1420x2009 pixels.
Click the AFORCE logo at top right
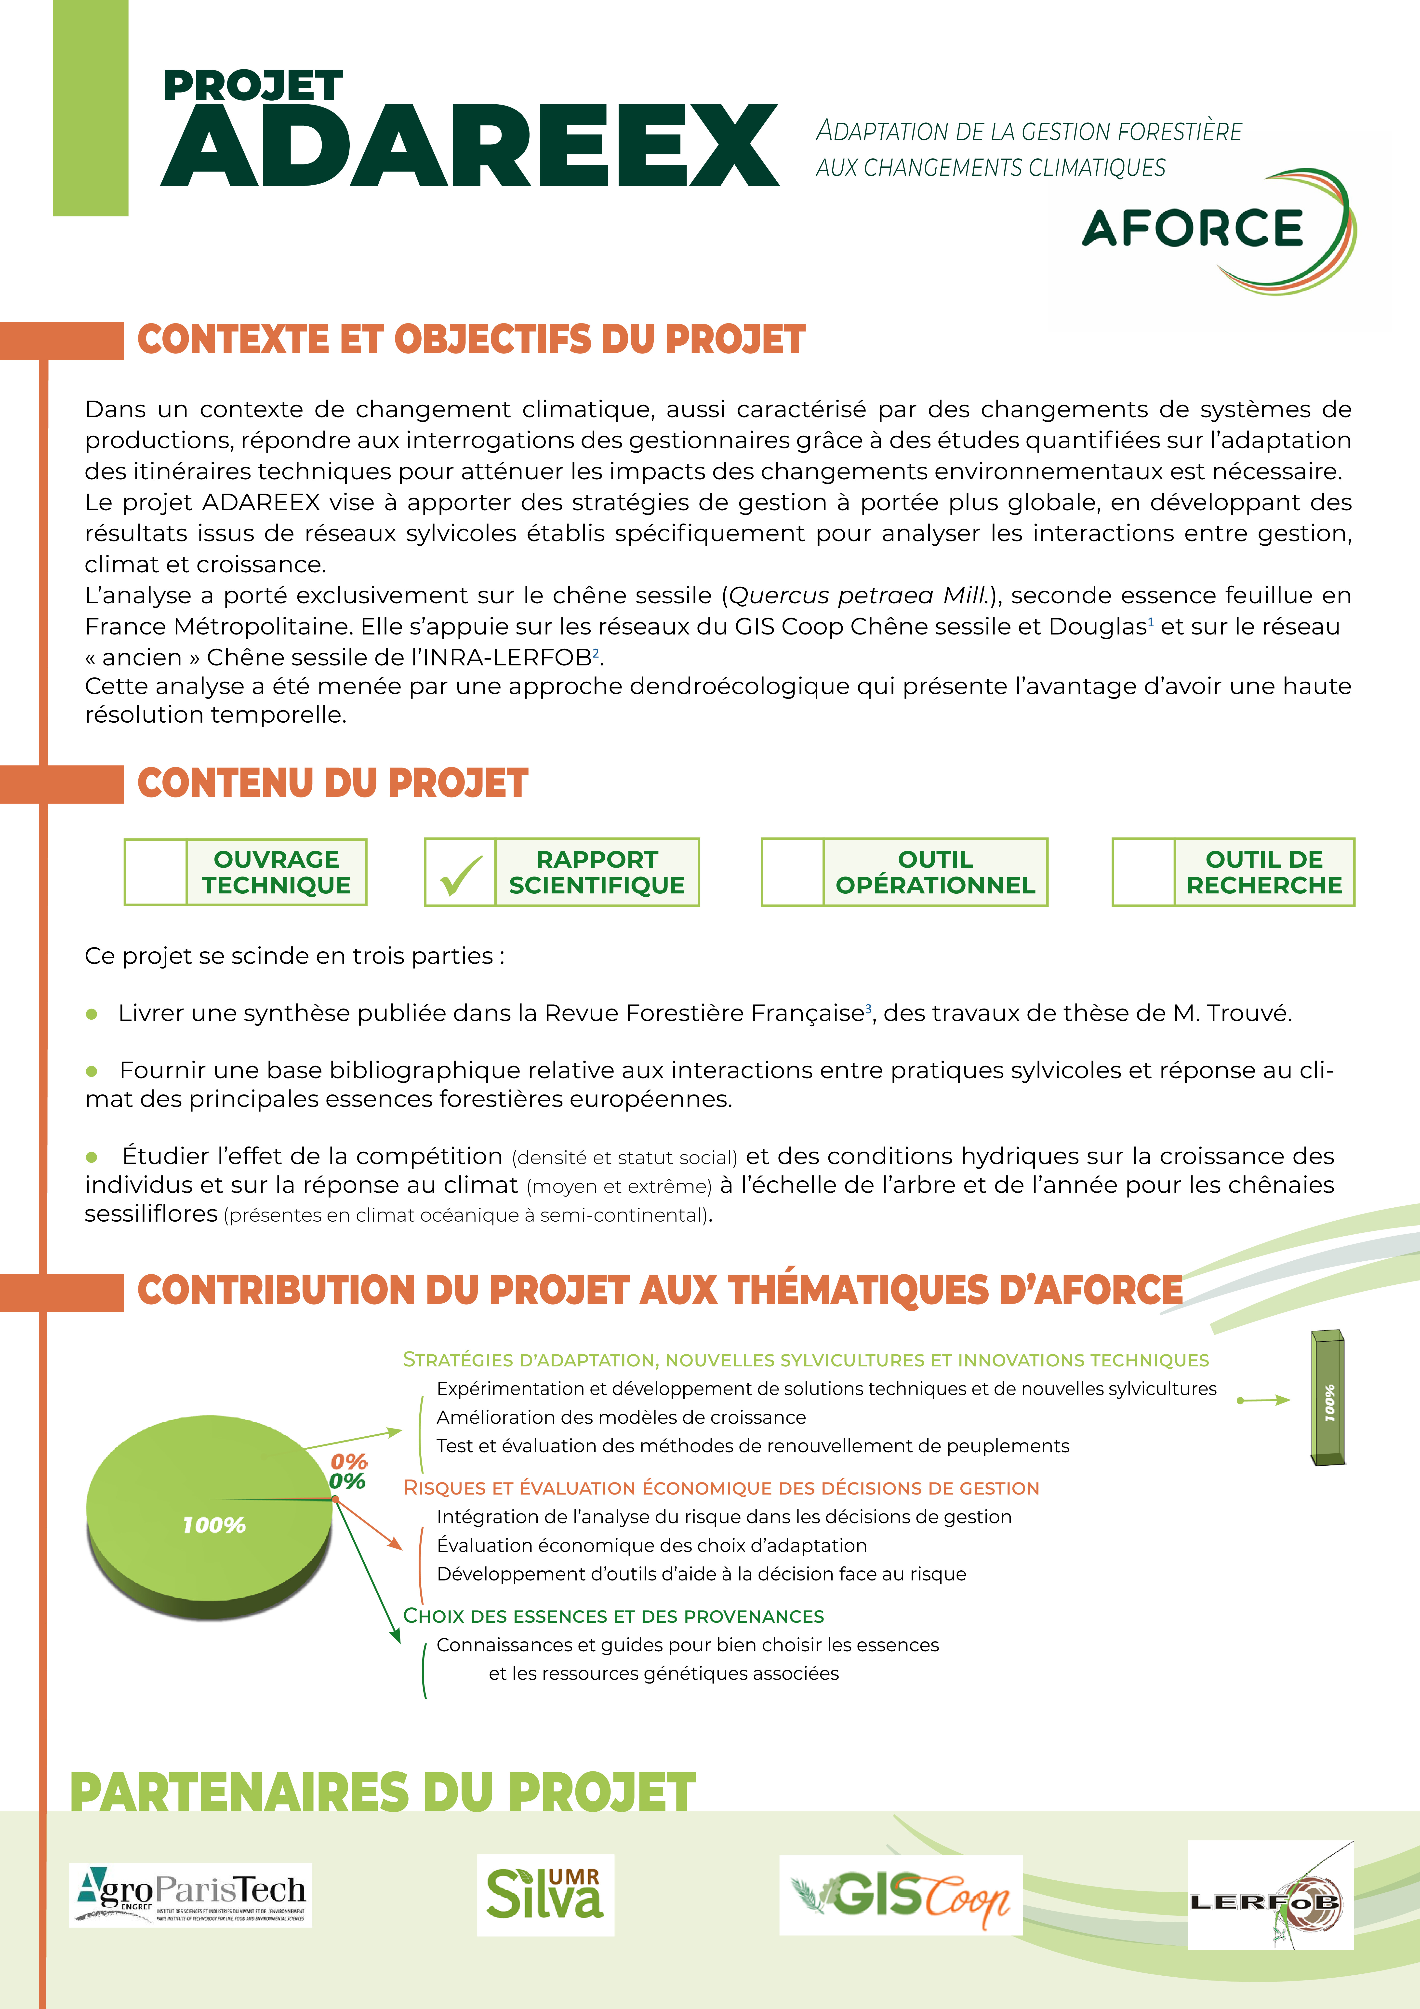[x=1216, y=229]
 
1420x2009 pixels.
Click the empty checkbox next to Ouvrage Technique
[x=156, y=872]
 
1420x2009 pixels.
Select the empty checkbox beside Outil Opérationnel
[x=793, y=872]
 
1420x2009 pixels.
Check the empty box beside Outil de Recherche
[x=1143, y=872]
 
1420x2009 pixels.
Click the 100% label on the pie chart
[x=214, y=1525]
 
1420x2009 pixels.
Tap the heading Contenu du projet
[x=332, y=783]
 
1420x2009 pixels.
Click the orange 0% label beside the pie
[x=349, y=1461]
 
